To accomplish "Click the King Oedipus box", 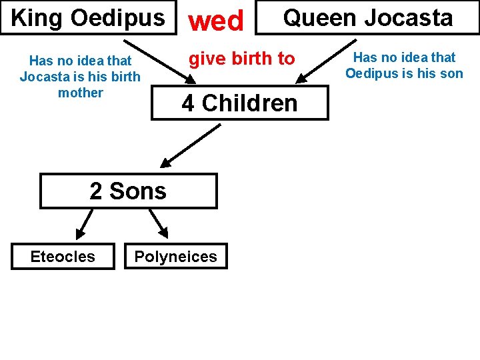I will [x=87, y=17].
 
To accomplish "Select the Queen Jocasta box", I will [x=367, y=17].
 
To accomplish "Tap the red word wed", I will [x=215, y=21].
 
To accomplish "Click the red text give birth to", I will [x=241, y=59].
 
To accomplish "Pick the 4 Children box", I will [x=239, y=103].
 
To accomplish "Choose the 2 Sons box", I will [x=128, y=191].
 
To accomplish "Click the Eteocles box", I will [x=63, y=257].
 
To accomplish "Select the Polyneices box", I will [x=175, y=257].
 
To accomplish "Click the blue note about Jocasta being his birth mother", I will [x=80, y=77].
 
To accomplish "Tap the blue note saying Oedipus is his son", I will [x=404, y=65].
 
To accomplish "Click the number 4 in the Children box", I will [x=188, y=103].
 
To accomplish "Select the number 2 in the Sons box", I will [x=96, y=191].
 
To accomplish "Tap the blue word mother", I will [x=81, y=93].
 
